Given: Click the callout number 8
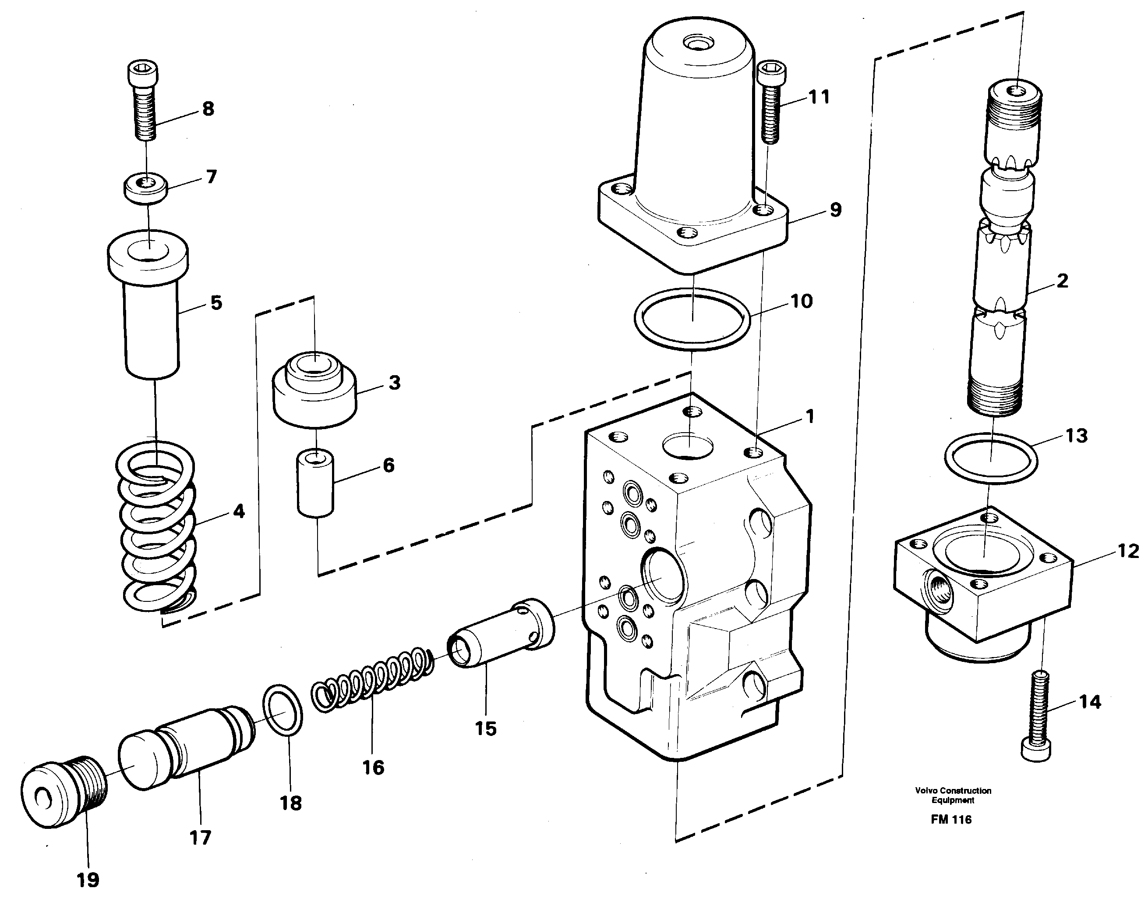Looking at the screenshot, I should coord(208,109).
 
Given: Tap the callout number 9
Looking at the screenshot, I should coord(836,210).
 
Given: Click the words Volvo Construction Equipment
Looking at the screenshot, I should coord(953,795).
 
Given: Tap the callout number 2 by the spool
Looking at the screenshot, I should coord(1062,281).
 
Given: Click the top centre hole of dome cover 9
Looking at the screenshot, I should coord(695,42).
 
